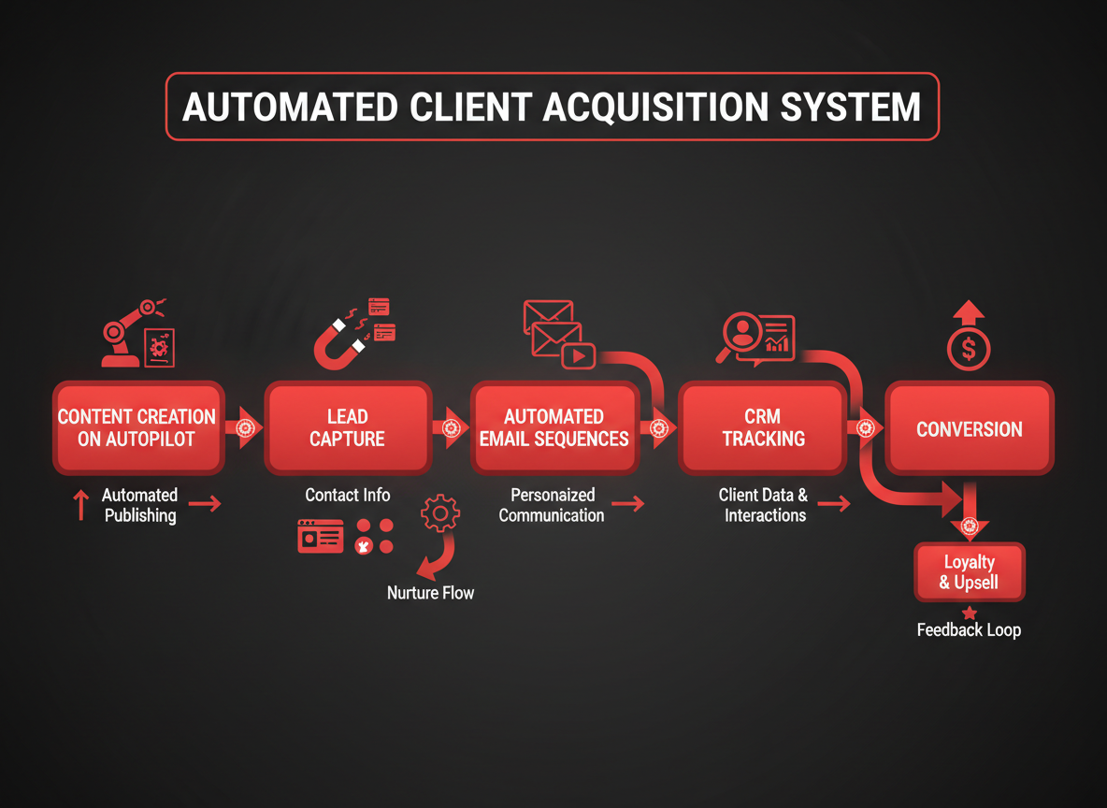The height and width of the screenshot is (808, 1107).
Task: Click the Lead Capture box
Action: click(348, 428)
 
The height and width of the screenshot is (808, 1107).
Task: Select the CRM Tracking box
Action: click(763, 428)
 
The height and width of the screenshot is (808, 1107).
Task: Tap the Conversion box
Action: click(969, 429)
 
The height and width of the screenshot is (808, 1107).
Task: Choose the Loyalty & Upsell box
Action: click(969, 572)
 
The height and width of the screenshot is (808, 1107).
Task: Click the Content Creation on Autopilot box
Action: click(137, 428)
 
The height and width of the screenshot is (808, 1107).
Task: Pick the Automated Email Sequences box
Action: click(554, 428)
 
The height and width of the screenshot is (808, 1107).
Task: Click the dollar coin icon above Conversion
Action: click(969, 350)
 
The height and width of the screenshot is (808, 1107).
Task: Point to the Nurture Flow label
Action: click(430, 593)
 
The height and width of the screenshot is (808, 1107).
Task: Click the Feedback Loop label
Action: click(969, 630)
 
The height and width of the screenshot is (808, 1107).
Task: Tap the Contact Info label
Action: click(348, 495)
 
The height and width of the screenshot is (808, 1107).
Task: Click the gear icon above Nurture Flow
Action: click(440, 514)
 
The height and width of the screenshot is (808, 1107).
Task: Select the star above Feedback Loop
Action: click(969, 613)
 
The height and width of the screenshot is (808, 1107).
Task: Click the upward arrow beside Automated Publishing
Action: click(81, 505)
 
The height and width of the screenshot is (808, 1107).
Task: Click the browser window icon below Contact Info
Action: click(320, 536)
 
